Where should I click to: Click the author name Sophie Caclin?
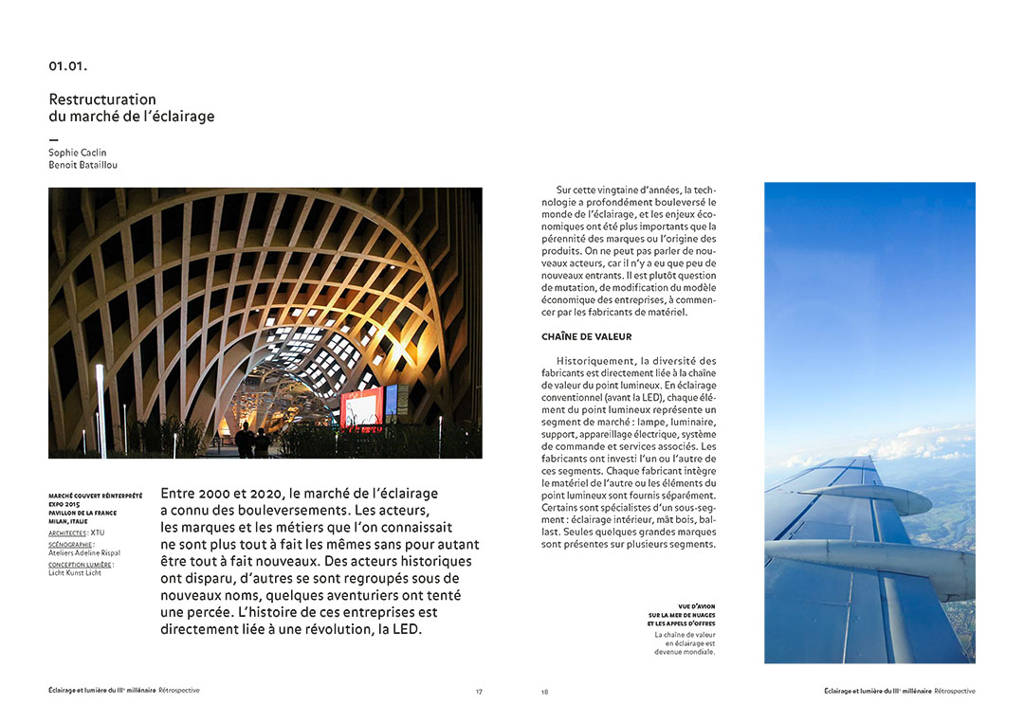[x=78, y=153]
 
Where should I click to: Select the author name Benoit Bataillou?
[x=83, y=165]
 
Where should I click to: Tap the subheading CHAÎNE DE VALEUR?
[x=586, y=336]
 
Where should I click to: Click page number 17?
[x=479, y=692]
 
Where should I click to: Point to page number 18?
[x=544, y=692]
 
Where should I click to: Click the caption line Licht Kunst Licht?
[x=75, y=573]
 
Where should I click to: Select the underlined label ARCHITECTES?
[x=67, y=533]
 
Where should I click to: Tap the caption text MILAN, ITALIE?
[x=68, y=521]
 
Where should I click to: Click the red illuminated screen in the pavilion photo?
[x=361, y=407]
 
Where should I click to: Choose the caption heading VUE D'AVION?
[x=696, y=606]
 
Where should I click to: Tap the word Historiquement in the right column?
[x=594, y=361]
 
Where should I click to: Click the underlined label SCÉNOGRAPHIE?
[x=70, y=545]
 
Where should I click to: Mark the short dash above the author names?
[x=53, y=139]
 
